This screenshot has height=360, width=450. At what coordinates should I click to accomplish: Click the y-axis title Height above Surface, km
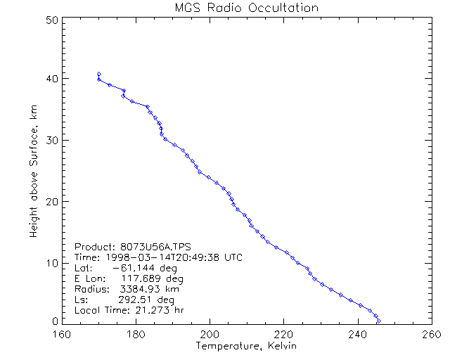click(x=33, y=169)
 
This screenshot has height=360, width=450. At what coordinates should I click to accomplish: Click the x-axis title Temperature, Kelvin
click(x=246, y=346)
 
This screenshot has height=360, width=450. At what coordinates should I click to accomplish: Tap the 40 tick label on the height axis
click(x=51, y=78)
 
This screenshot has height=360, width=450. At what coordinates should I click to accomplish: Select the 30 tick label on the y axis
click(x=51, y=140)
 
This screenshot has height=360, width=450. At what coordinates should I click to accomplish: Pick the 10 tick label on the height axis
click(x=51, y=263)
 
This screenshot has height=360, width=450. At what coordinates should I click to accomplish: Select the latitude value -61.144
click(x=132, y=269)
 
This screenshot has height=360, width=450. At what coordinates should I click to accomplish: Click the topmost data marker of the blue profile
click(x=99, y=74)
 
